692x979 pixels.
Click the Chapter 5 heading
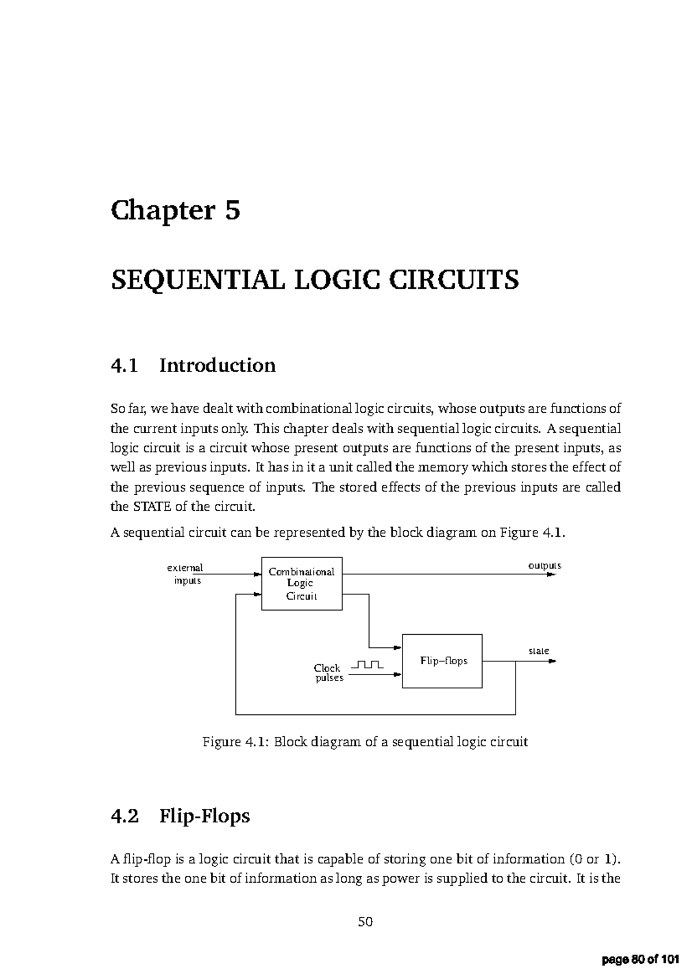click(175, 211)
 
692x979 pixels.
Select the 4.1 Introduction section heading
click(193, 366)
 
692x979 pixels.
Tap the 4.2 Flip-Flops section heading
click(180, 816)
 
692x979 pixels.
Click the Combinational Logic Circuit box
click(302, 583)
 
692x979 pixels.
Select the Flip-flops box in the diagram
click(442, 661)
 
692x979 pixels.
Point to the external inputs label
click(186, 574)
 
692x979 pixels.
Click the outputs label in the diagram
click(544, 566)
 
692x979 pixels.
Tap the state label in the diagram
click(539, 651)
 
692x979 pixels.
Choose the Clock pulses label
click(328, 673)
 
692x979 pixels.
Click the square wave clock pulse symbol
click(366, 665)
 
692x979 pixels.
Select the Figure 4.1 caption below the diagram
click(365, 742)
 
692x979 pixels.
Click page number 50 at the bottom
click(365, 922)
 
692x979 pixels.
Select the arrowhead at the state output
click(552, 661)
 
